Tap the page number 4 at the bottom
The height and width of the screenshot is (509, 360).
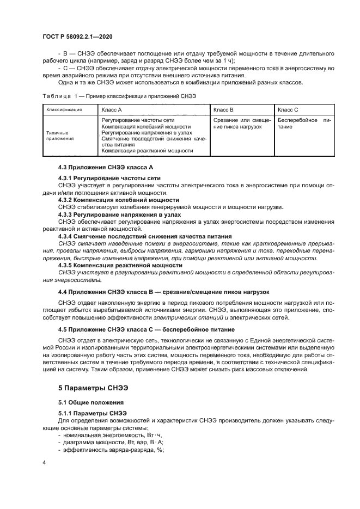(x=44, y=462)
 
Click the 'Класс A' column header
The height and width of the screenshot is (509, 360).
(x=112, y=109)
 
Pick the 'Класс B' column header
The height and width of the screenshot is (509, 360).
(x=223, y=109)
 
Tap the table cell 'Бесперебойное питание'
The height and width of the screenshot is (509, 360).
(x=303, y=123)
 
